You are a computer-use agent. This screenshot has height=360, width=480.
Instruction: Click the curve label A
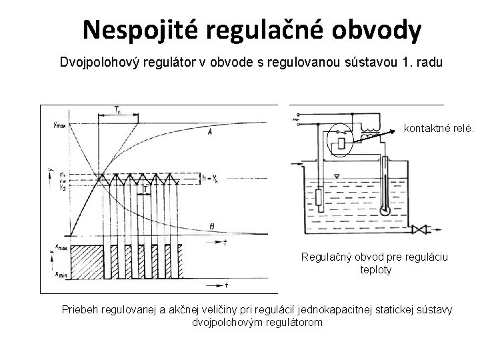click(211, 133)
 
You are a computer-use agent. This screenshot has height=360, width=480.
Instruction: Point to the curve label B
click(211, 226)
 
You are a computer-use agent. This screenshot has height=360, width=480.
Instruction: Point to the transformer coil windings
click(369, 129)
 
